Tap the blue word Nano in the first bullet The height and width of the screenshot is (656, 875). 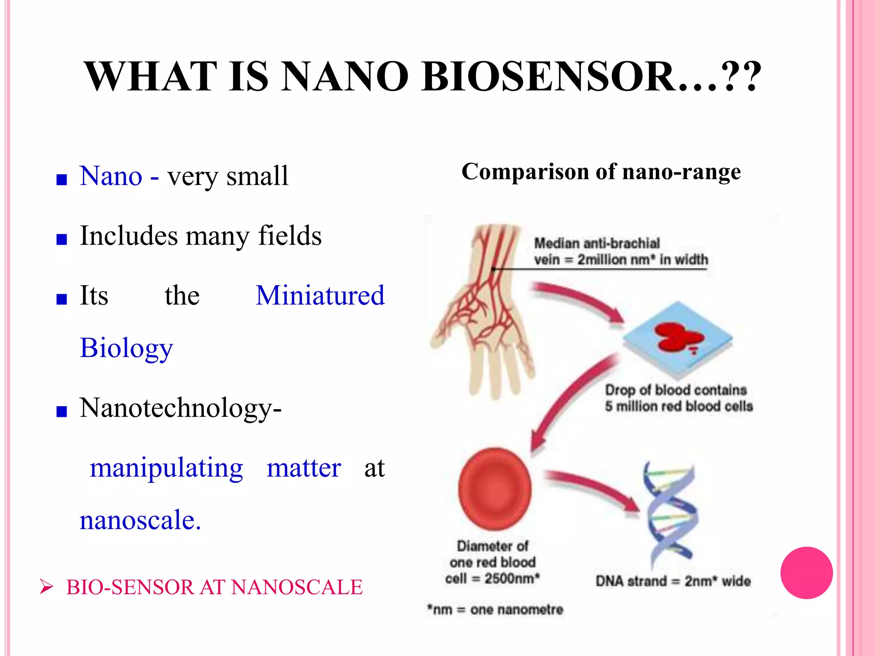point(111,176)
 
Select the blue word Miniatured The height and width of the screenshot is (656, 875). point(320,296)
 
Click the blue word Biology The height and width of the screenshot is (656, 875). point(126,348)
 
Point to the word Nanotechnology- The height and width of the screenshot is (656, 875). point(180,408)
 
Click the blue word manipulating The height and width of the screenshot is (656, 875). point(166,468)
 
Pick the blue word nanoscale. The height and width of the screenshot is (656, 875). point(140,520)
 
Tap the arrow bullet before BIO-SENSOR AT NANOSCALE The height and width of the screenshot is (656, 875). point(46,587)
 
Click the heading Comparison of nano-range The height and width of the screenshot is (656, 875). point(601,172)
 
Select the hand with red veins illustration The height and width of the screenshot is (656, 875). point(483,312)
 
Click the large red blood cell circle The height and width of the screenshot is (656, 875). point(495,489)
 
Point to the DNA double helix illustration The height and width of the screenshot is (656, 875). point(671,512)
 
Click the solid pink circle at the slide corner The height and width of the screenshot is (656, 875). point(806,573)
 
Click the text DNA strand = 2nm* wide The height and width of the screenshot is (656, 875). point(673,581)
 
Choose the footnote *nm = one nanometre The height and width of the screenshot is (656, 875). point(495,609)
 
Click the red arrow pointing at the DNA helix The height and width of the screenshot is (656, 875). point(594,489)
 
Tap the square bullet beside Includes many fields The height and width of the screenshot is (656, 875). point(62,239)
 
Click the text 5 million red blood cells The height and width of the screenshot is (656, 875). point(678,406)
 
